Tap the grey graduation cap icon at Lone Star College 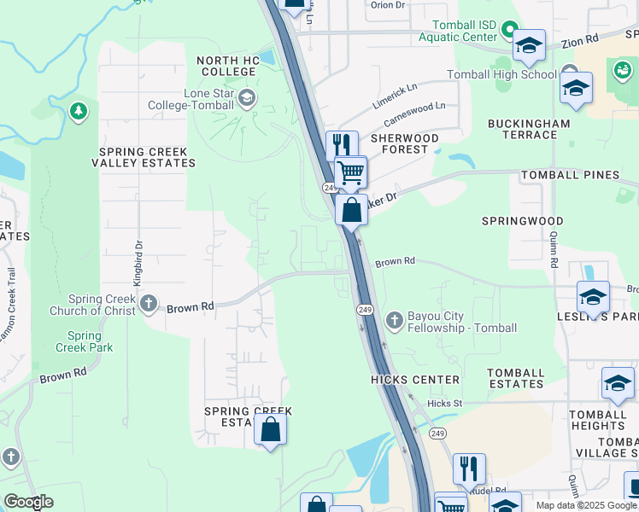coord(247,97)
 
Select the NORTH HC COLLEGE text coord(227,67)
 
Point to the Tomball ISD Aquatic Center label coord(457,32)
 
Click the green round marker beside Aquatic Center coord(510,31)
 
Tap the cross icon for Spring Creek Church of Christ coord(149,303)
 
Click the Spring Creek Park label coord(85,341)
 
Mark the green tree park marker coord(78,111)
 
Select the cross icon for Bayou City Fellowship coord(394,321)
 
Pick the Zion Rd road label coord(580,41)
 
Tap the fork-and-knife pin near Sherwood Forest coord(342,143)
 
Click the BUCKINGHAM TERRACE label coord(528,129)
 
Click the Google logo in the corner coord(28,502)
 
